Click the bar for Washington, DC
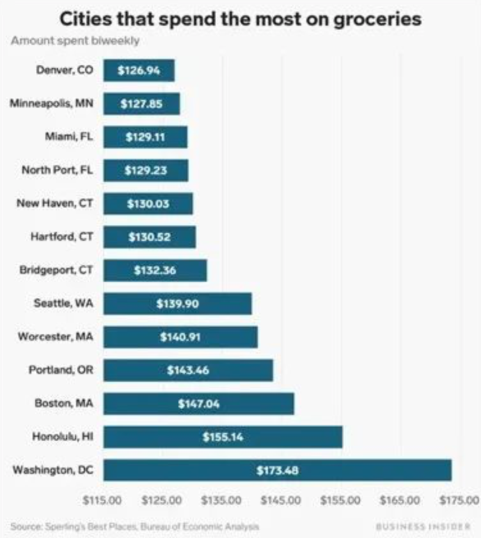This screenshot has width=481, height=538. point(277,470)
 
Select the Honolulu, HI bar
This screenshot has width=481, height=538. point(223,437)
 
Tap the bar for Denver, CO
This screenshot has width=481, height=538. point(139,70)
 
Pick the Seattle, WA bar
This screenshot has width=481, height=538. point(177,304)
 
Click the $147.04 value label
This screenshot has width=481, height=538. point(198,403)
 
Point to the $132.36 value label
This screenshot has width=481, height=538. point(155,270)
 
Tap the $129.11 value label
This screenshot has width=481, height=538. point(146,137)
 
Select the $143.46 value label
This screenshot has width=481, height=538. point(187,370)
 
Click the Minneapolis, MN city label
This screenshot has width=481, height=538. point(51,103)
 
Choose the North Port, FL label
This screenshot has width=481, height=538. point(57,170)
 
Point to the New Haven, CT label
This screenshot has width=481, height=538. point(54,203)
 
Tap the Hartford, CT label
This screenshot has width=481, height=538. point(61,236)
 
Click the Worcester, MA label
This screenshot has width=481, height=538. point(56,336)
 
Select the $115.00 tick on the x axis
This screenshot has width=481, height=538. point(103,499)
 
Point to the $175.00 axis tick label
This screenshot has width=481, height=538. point(460,499)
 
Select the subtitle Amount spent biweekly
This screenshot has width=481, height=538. point(75,41)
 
